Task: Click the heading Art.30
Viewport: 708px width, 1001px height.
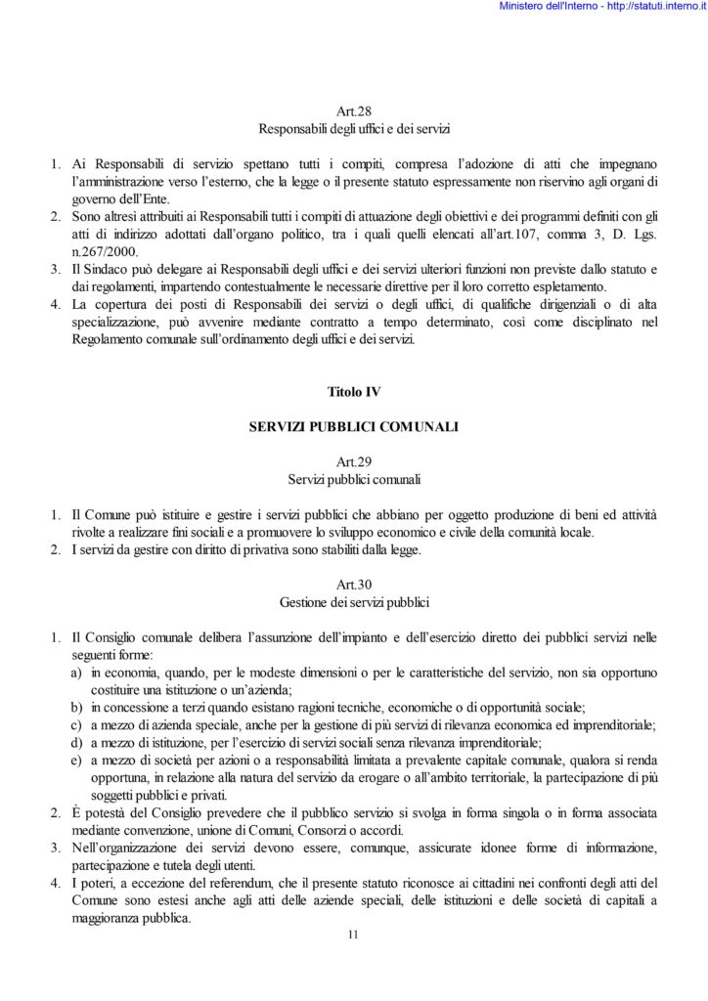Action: click(352, 584)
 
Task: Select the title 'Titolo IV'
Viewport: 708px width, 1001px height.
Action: click(353, 392)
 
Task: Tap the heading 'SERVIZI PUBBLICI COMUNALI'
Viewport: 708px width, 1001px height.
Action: click(353, 428)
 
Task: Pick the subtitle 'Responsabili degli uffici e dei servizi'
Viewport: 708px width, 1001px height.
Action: click(353, 129)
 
